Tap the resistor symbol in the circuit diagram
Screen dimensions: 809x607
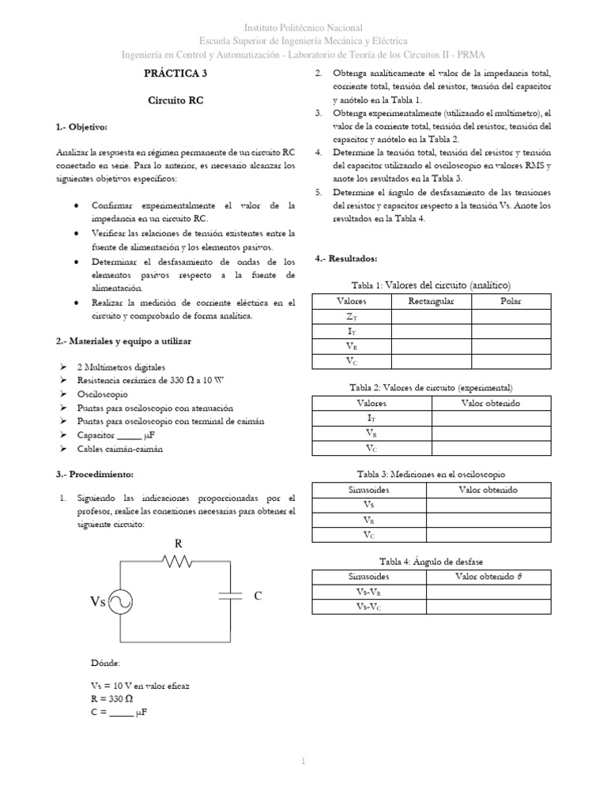[x=178, y=560]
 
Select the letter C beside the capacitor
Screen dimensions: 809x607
[x=257, y=596]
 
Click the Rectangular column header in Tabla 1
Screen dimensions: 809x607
[x=430, y=301]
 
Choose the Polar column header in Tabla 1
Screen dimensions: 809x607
[x=511, y=301]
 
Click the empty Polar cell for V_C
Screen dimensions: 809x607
[x=511, y=361]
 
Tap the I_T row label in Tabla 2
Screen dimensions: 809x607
[x=371, y=417]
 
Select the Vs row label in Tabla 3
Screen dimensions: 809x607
[x=369, y=505]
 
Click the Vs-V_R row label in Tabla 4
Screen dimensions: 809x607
[x=369, y=592]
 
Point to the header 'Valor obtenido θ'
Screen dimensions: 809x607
[x=488, y=577]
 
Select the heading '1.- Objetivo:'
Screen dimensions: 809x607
[x=81, y=127]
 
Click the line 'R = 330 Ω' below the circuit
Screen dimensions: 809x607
[x=118, y=699]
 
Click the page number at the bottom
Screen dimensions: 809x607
[x=303, y=761]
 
